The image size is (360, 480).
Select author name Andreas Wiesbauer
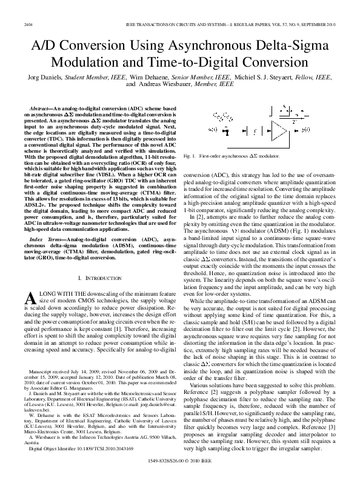175,87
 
